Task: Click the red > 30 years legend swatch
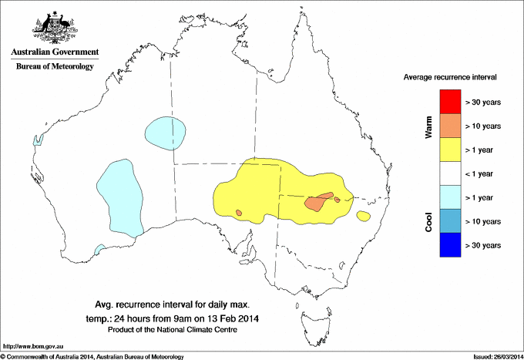click(450, 101)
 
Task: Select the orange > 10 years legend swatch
click(450, 125)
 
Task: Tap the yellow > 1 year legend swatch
click(450, 149)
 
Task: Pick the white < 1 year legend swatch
click(450, 173)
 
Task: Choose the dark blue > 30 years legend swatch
click(450, 244)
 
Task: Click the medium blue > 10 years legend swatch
click(450, 220)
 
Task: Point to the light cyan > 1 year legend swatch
click(450, 197)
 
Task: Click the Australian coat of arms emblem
click(52, 27)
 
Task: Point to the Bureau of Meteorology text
click(55, 67)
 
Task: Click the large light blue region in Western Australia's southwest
click(119, 197)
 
